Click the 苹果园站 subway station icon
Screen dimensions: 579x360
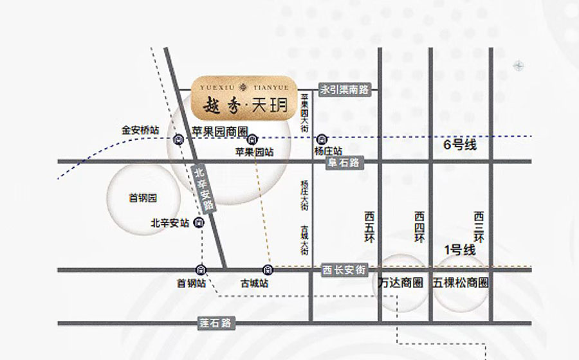click(253, 139)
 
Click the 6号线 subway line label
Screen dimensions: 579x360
click(460, 145)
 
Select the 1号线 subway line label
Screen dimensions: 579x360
click(459, 249)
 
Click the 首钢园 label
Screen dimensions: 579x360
click(143, 198)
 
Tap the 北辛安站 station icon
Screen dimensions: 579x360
click(199, 222)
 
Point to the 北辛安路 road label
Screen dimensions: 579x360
click(203, 188)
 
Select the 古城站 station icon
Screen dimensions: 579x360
click(267, 269)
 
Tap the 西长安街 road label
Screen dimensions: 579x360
click(344, 271)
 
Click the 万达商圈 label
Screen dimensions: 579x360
click(400, 283)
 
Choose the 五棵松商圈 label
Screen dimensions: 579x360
click(461, 283)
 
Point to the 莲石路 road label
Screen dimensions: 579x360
click(216, 323)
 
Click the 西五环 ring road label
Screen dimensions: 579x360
click(369, 227)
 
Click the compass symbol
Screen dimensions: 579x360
click(519, 66)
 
